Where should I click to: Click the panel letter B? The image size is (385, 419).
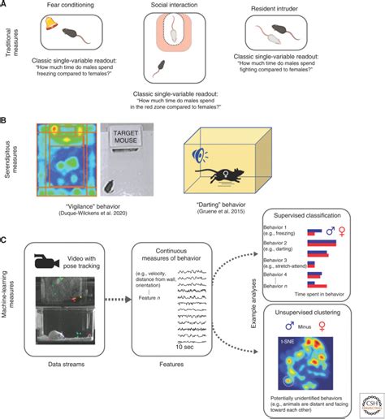pyautogui.click(x=5, y=118)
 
